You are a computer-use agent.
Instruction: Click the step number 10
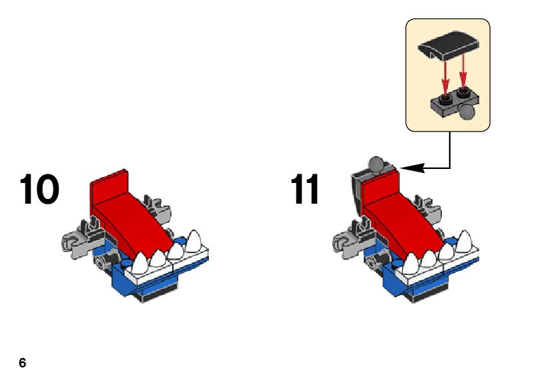pyautogui.click(x=39, y=190)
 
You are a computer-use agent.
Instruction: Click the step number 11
pyautogui.click(x=306, y=190)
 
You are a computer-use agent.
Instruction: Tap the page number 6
pyautogui.click(x=23, y=363)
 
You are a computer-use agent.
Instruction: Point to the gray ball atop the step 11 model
pyautogui.click(x=378, y=164)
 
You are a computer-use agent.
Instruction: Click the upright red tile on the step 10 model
pyautogui.click(x=108, y=187)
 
